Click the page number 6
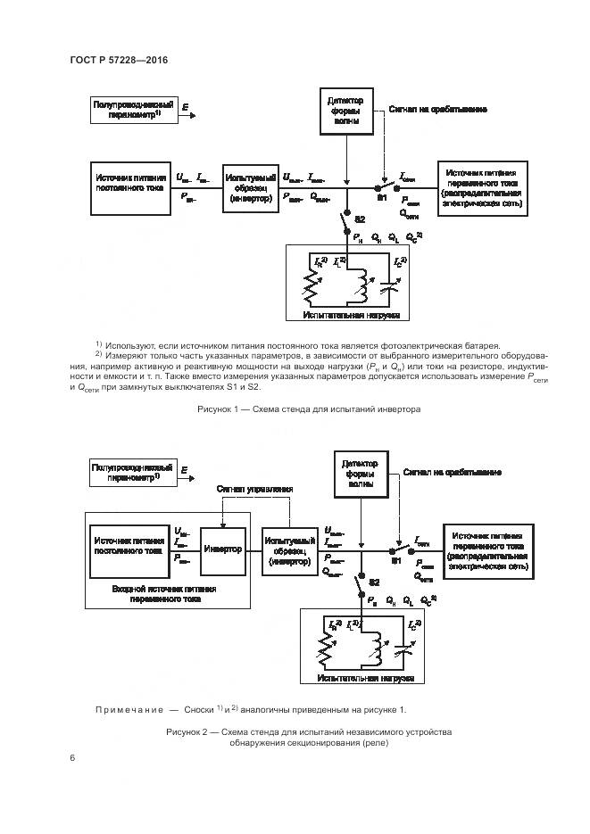71,757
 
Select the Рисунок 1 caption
308,409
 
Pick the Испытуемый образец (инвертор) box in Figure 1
250,187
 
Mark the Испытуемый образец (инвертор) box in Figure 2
290,550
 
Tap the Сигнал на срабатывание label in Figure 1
437,110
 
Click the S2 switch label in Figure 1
360,219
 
